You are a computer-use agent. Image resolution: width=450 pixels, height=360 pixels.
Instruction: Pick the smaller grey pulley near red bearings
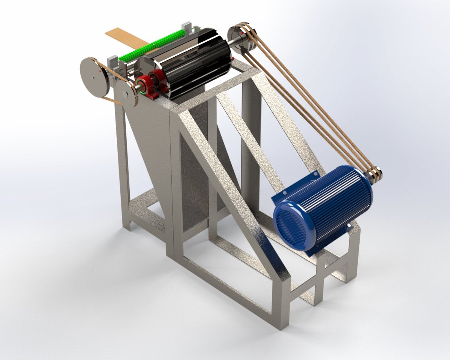(125, 94)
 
